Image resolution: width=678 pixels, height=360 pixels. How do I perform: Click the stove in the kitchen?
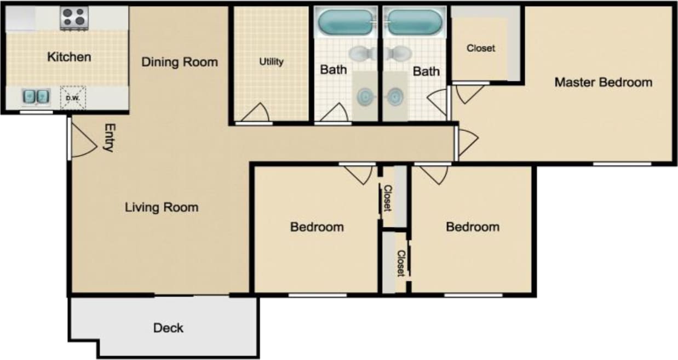73,18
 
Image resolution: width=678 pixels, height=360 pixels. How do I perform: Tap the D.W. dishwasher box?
73,98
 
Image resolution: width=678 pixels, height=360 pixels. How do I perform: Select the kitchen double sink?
36,97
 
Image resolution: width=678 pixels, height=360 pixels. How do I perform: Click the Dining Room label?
180,62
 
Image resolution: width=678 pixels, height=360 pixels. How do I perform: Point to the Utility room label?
271,62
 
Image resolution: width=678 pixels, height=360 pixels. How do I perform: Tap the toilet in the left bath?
361,53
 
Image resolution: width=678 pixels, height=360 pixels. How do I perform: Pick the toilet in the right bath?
399,53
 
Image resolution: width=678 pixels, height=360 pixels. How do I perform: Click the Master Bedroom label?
604,82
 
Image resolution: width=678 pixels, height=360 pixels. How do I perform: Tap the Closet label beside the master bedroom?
481,48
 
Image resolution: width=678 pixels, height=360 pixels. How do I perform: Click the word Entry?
108,138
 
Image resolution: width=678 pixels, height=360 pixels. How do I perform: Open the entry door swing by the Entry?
84,140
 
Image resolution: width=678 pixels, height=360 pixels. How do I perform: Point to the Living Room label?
162,208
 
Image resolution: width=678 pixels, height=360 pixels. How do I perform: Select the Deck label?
168,328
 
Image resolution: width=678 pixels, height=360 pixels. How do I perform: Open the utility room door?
256,113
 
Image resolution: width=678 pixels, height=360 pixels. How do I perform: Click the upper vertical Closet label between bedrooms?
387,198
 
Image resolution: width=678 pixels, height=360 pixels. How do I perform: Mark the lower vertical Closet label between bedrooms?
401,263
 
